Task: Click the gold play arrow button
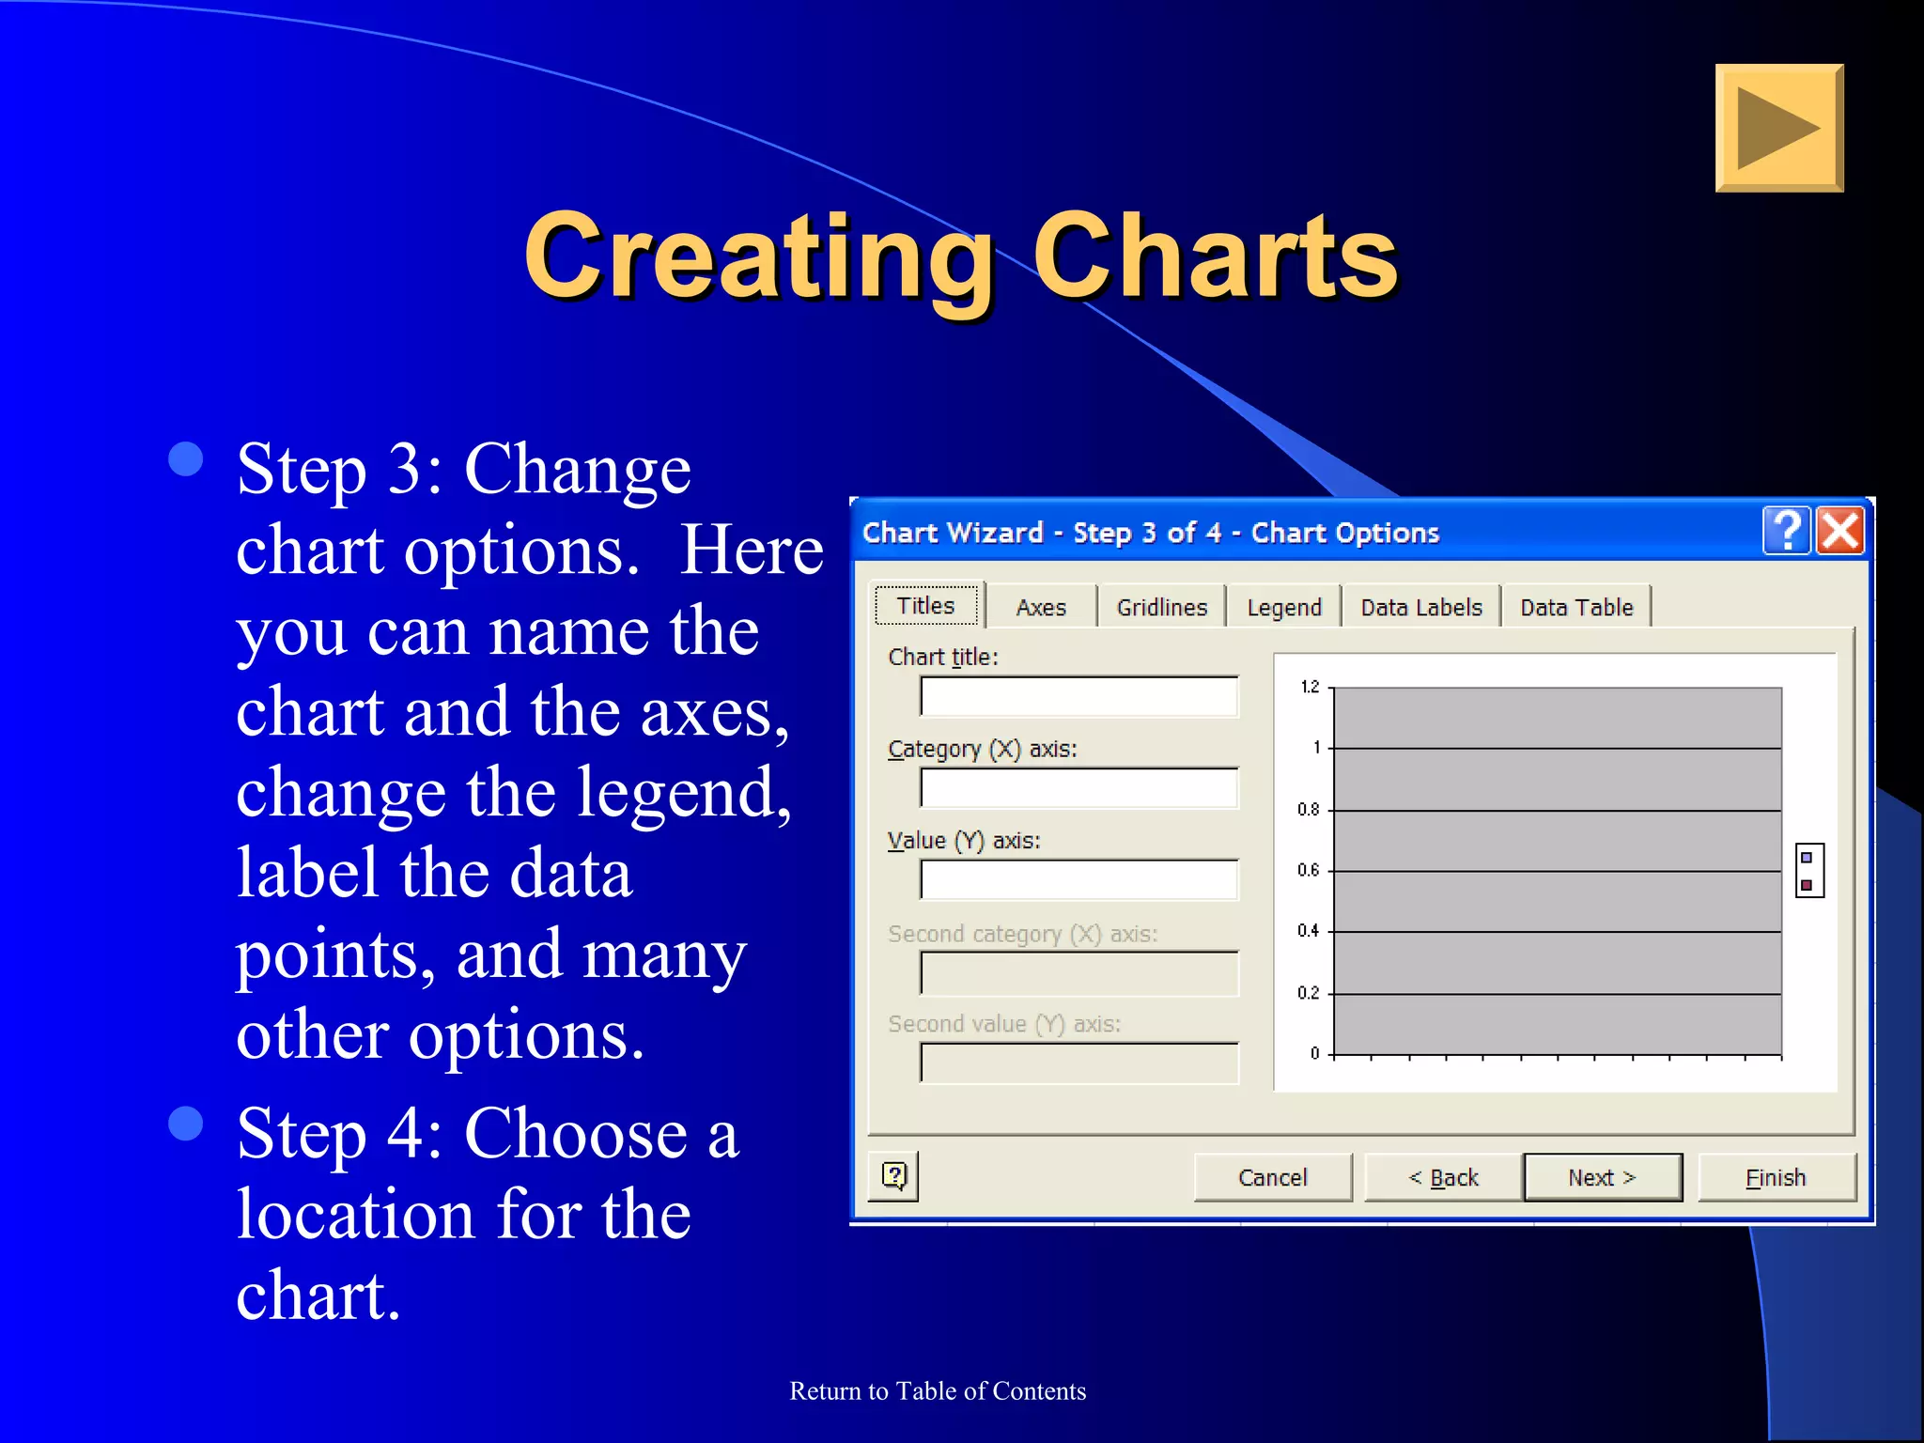click(1778, 129)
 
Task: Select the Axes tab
click(1041, 608)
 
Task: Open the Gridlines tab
click(1161, 608)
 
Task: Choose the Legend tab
click(1283, 608)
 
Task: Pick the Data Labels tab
click(1420, 608)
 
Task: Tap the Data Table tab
click(1576, 608)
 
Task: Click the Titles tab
click(926, 606)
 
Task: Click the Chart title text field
click(1078, 697)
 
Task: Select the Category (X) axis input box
click(1078, 788)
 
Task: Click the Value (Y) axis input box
click(1078, 880)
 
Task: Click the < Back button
click(1444, 1177)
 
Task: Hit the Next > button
click(1603, 1177)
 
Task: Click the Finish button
click(1776, 1177)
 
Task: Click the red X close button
click(1839, 531)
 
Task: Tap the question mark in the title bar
click(1787, 531)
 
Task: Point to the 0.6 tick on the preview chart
click(1309, 871)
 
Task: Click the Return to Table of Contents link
click(938, 1391)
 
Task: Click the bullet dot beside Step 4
click(186, 1123)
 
